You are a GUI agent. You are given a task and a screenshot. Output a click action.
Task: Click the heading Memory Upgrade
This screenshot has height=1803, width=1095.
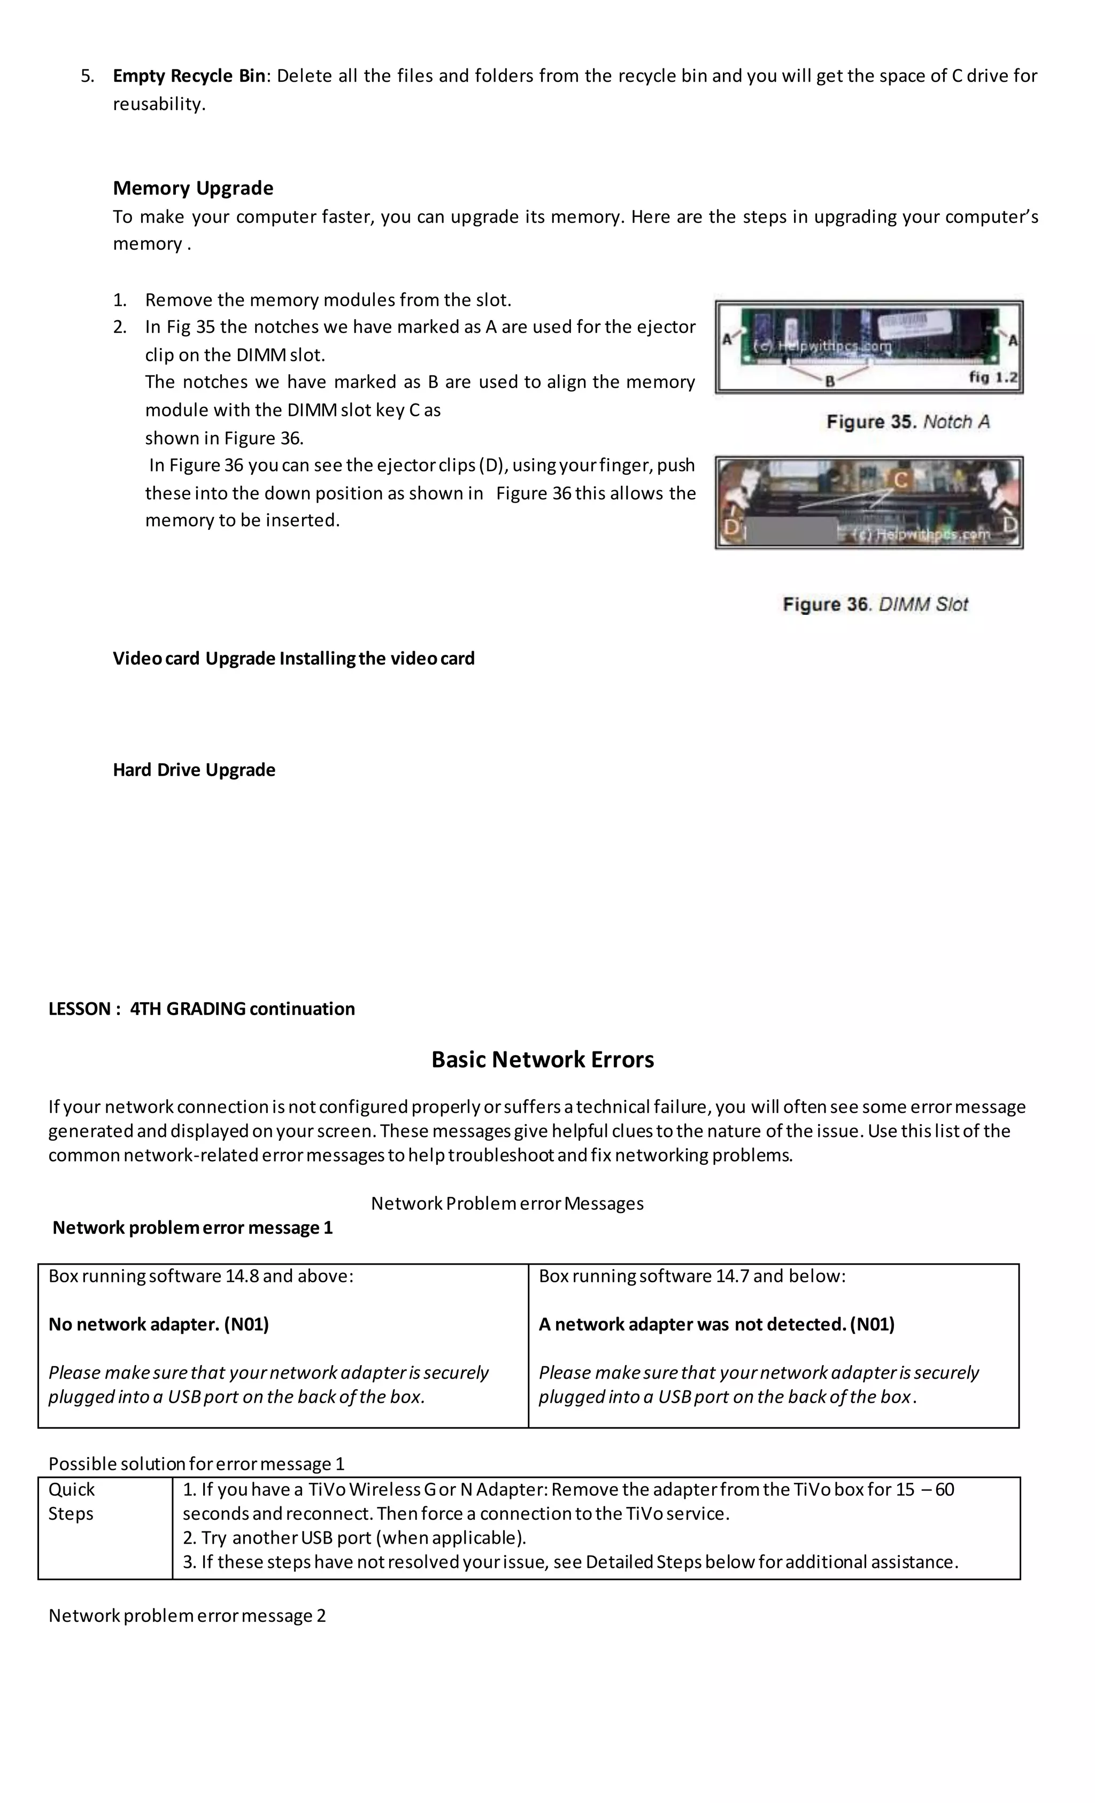point(192,188)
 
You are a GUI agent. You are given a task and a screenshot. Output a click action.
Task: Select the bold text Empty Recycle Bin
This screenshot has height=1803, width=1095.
point(189,76)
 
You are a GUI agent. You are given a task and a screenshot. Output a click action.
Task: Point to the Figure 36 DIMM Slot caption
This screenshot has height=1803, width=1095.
point(875,605)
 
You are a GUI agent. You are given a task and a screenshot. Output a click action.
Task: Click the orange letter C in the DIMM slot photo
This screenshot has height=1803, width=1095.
point(901,480)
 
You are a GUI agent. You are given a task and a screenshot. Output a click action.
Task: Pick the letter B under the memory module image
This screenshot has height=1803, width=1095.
point(830,381)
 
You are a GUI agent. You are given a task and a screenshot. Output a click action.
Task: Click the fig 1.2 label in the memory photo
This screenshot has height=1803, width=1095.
point(992,377)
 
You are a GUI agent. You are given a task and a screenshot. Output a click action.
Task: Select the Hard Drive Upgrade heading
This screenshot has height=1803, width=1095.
point(194,770)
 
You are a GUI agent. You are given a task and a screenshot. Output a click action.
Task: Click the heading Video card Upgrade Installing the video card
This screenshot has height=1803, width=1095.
point(294,659)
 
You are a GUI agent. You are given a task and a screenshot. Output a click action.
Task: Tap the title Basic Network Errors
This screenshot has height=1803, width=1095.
point(542,1059)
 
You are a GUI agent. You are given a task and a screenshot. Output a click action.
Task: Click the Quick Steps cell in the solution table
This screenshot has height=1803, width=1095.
point(72,1502)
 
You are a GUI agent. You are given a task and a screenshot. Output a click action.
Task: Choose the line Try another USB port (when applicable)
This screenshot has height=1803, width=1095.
point(354,1537)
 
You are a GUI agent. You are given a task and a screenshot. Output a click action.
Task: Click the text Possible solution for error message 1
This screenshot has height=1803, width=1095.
point(196,1464)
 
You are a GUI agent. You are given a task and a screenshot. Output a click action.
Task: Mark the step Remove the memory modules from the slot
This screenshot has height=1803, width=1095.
point(328,300)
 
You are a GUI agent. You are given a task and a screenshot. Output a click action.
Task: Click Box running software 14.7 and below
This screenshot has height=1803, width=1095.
point(692,1275)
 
